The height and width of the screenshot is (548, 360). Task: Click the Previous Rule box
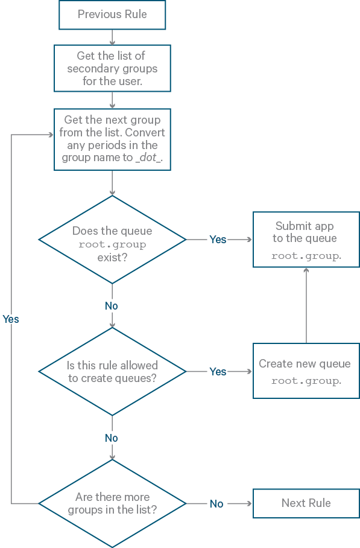click(112, 14)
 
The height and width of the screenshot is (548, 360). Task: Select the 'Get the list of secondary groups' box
click(112, 68)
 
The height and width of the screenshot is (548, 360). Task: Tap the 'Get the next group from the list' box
click(112, 139)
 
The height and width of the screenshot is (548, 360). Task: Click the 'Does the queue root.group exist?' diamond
click(112, 240)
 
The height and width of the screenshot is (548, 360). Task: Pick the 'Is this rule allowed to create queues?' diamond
click(112, 371)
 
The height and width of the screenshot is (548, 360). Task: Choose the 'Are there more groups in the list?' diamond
click(112, 503)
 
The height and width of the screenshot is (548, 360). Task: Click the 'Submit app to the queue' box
click(306, 240)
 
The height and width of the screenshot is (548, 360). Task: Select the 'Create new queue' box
click(306, 371)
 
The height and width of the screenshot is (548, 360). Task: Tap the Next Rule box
click(306, 503)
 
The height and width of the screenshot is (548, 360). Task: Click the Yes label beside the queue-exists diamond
click(218, 240)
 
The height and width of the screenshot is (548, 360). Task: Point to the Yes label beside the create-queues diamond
click(218, 372)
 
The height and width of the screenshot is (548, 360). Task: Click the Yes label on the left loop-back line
click(11, 319)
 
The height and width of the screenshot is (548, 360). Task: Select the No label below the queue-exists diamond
click(112, 306)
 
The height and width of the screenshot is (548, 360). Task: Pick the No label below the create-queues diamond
click(112, 438)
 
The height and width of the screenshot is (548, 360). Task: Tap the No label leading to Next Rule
click(216, 504)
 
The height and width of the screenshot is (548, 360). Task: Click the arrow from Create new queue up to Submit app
click(306, 305)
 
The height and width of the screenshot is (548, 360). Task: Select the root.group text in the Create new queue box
click(306, 381)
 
